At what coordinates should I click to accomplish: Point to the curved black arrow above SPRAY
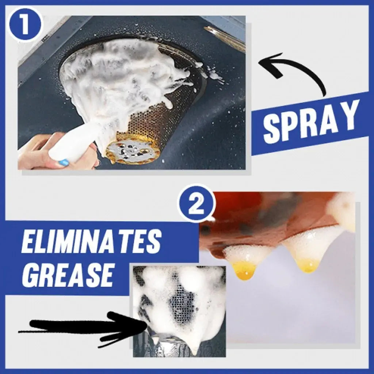(292, 71)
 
